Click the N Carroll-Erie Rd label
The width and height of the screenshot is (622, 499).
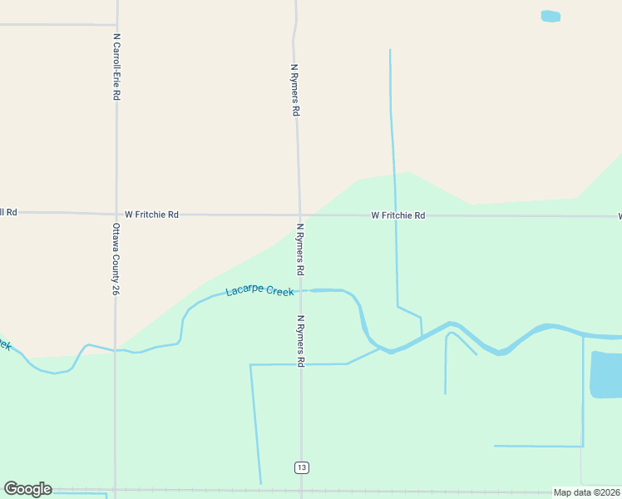coord(117,67)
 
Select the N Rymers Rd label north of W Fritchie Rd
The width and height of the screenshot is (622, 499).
coord(294,89)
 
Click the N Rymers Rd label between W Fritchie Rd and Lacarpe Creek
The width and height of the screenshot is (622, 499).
coord(300,249)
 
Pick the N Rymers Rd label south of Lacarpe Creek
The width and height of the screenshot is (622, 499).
coord(301,340)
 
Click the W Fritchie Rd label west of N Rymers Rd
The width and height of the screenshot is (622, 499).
coord(151,215)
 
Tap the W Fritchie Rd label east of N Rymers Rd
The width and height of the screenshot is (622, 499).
coord(397,215)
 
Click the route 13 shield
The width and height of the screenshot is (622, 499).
coord(301,468)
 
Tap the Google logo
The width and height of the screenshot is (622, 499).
coord(27,489)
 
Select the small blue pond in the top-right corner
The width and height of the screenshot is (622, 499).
coord(550,16)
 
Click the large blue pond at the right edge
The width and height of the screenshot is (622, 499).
coord(606,374)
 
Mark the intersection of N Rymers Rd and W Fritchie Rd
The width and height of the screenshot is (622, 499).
coord(300,215)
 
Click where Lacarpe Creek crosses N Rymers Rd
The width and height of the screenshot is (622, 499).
coord(301,290)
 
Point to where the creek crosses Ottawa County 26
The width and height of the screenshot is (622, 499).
coord(116,349)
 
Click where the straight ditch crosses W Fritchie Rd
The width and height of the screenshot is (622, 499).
coord(394,215)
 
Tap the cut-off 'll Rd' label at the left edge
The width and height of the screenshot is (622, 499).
coord(8,212)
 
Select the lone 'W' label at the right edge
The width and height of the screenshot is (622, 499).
coord(619,216)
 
